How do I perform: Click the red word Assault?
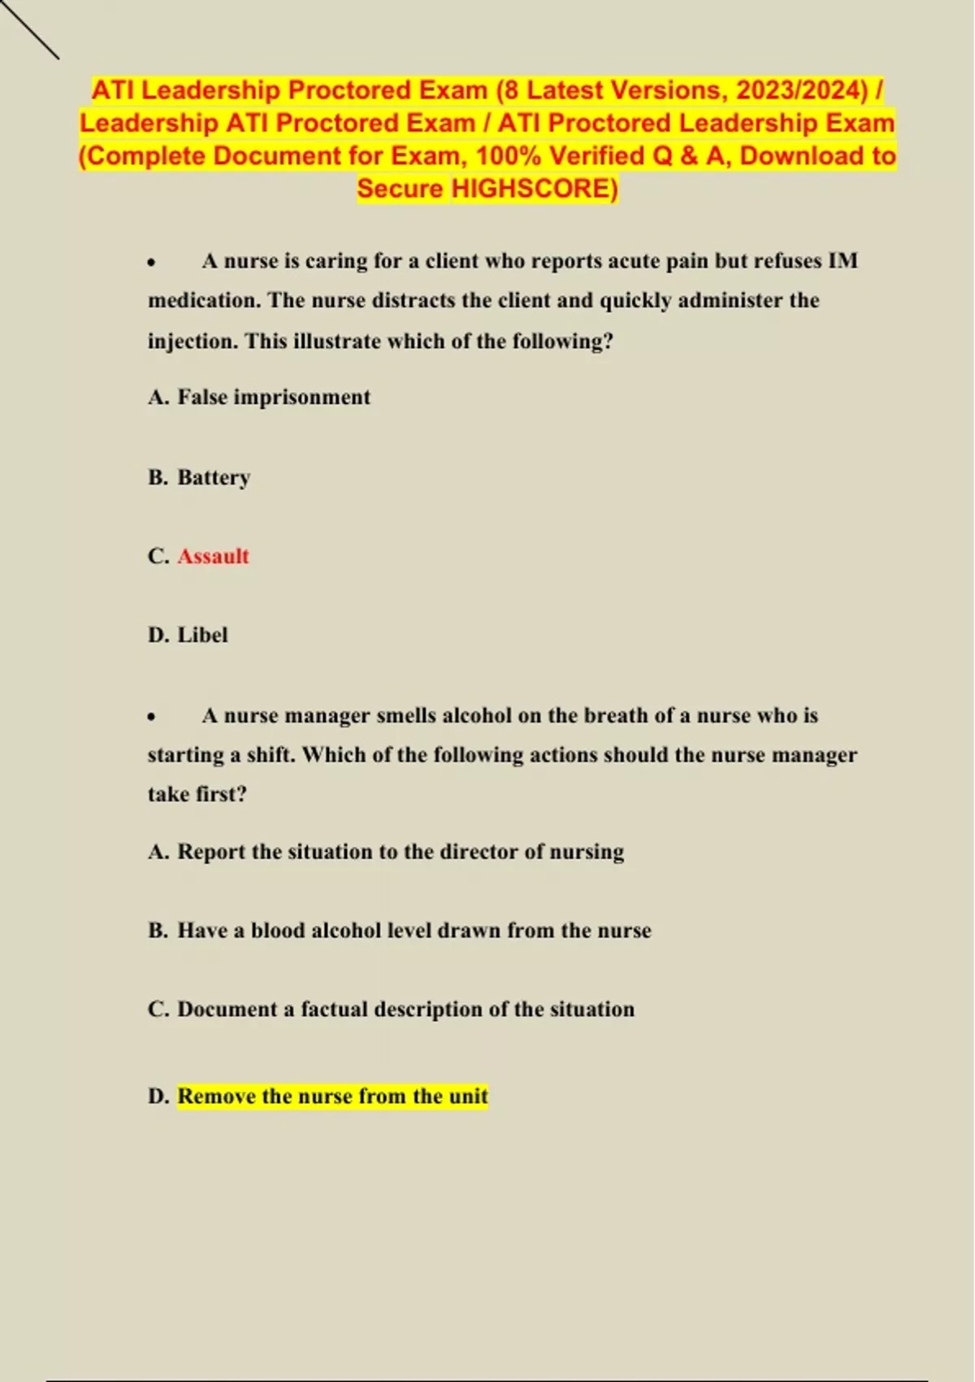point(213,556)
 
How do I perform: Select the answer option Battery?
point(214,477)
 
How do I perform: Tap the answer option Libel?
point(202,635)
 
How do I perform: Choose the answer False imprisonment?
point(274,398)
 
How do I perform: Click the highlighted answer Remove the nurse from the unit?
point(332,1097)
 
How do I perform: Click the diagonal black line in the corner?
point(30,30)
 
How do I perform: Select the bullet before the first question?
point(152,263)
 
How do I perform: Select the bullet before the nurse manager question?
point(152,717)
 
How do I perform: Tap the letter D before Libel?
point(158,635)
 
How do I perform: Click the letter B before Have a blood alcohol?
point(158,931)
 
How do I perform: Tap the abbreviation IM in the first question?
point(843,261)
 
